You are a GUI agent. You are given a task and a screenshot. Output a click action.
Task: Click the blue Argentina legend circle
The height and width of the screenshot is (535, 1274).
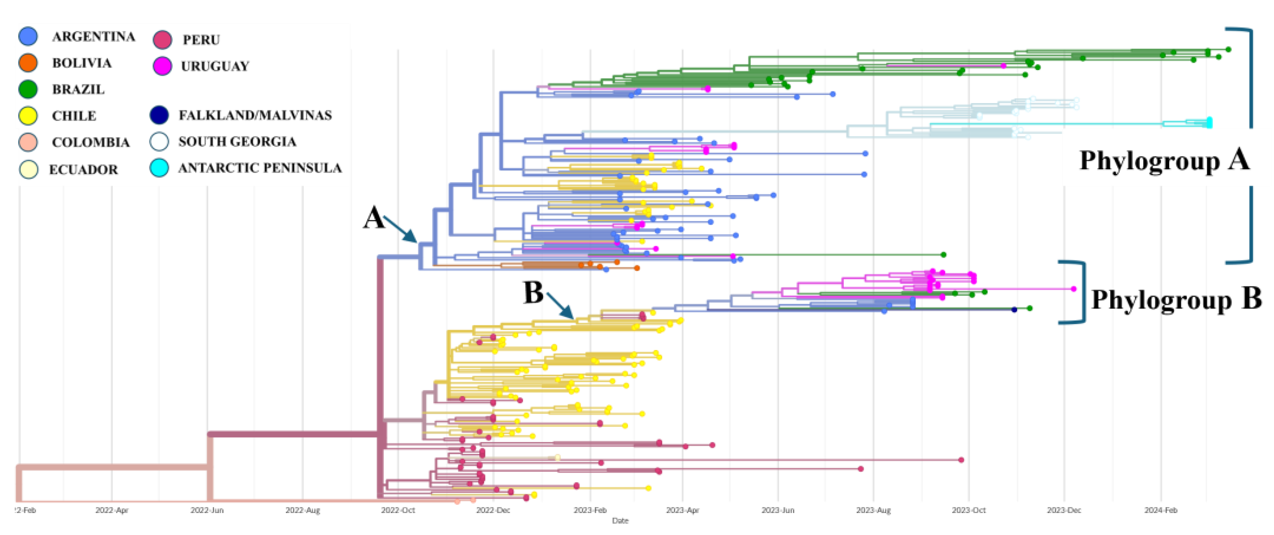point(28,37)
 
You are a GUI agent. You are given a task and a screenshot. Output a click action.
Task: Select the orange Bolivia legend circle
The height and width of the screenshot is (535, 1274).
point(28,63)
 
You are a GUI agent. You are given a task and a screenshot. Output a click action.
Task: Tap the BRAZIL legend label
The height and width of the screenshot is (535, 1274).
point(78,90)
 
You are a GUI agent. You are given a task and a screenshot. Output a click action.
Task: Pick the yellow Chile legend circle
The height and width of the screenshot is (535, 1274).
point(28,116)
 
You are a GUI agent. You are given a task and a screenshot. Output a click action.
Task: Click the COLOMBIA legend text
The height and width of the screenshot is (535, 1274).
point(90,143)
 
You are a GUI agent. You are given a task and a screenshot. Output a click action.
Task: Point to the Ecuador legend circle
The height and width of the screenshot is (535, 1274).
point(28,169)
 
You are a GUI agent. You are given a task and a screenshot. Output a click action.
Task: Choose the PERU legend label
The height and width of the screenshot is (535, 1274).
point(201,40)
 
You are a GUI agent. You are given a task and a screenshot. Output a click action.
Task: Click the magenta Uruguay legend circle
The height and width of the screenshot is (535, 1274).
point(162,66)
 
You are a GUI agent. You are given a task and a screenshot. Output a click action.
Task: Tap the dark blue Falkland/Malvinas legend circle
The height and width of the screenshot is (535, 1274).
point(159,115)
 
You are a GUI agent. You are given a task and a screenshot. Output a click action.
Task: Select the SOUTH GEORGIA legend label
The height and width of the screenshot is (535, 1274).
point(237,142)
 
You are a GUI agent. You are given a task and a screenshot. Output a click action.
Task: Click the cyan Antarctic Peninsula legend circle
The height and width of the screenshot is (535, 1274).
point(159,168)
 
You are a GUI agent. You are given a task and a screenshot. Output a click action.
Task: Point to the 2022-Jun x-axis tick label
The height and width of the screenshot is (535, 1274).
point(207,510)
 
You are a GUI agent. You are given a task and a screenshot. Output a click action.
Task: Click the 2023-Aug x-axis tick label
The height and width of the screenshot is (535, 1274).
point(873,510)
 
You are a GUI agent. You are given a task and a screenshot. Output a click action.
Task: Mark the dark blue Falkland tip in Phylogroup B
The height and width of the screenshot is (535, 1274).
point(1014,310)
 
